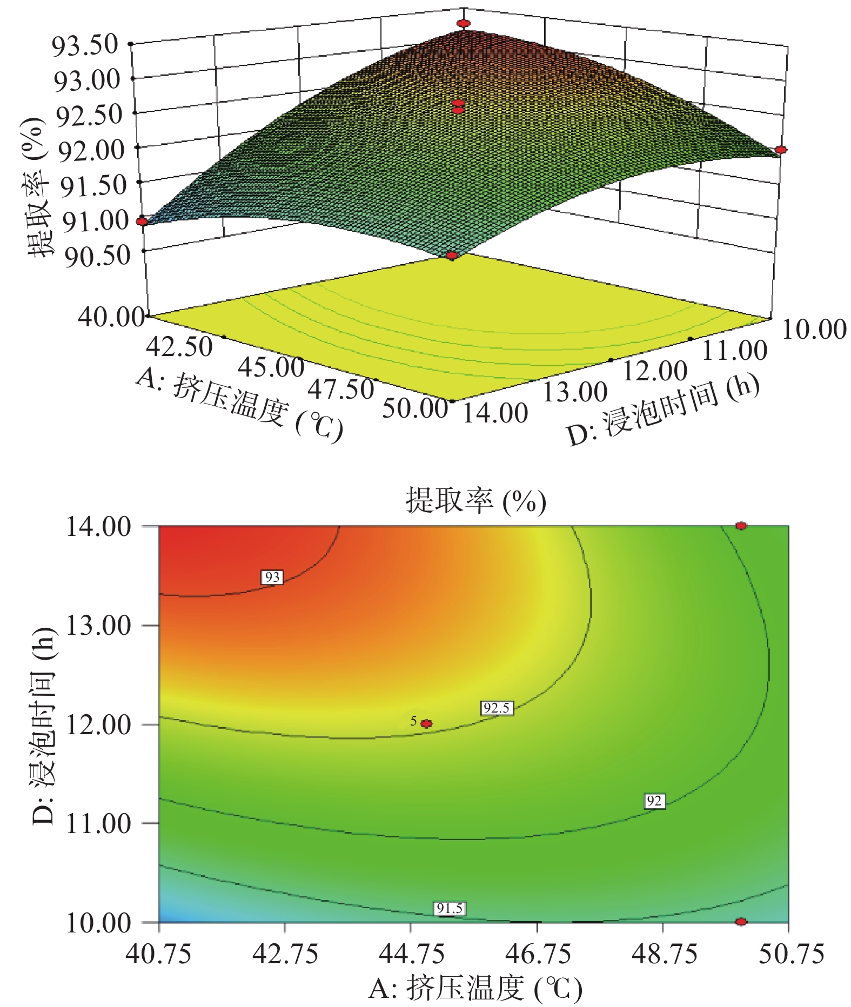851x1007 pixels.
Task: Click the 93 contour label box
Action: click(272, 577)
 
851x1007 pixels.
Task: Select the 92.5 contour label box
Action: click(497, 708)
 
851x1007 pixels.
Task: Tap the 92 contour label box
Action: click(654, 801)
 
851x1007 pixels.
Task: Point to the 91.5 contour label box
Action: click(450, 908)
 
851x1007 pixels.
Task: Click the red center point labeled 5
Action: click(426, 723)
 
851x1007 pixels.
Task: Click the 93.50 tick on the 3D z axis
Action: click(85, 45)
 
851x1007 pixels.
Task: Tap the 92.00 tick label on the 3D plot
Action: click(91, 150)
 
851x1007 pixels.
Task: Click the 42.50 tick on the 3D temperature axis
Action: click(180, 346)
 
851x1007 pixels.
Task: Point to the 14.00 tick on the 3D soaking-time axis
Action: click(495, 413)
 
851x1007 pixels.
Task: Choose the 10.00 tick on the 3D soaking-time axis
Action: click(814, 329)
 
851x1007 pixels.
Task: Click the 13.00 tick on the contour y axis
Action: click(98, 626)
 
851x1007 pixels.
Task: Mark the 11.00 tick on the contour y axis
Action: click(98, 823)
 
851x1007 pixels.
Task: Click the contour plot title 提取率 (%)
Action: click(475, 500)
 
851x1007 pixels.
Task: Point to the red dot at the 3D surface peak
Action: click(464, 23)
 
